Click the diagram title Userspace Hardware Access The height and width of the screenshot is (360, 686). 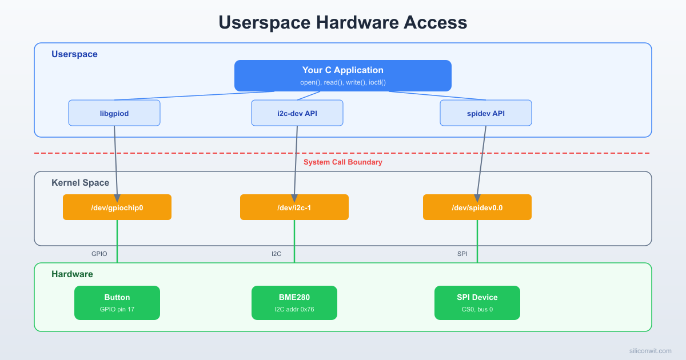coord(343,22)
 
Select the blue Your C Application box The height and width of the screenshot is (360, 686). coord(343,75)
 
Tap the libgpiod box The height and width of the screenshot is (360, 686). coord(114,113)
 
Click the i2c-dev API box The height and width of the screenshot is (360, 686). coord(297,113)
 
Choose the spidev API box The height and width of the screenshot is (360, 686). coord(486,113)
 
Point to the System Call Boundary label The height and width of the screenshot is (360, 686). coord(343,162)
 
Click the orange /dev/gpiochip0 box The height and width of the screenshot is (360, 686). coord(117,207)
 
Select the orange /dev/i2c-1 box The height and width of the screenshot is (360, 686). coord(294,207)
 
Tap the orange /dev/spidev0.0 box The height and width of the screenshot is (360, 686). coord(477,207)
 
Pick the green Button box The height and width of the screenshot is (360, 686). coord(117,302)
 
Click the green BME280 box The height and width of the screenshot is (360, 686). coord(294,302)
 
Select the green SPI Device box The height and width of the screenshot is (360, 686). coord(477,302)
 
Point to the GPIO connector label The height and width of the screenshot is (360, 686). coord(99,254)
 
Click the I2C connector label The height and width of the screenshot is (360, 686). coord(276,254)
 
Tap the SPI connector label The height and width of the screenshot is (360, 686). coord(462,254)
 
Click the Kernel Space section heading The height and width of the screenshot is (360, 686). coord(80,183)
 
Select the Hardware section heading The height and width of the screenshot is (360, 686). coord(72,274)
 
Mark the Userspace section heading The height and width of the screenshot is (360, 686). coord(74,54)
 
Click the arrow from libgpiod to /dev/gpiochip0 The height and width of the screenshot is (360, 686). coord(115,160)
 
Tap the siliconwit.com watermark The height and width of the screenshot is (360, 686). coord(649,351)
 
